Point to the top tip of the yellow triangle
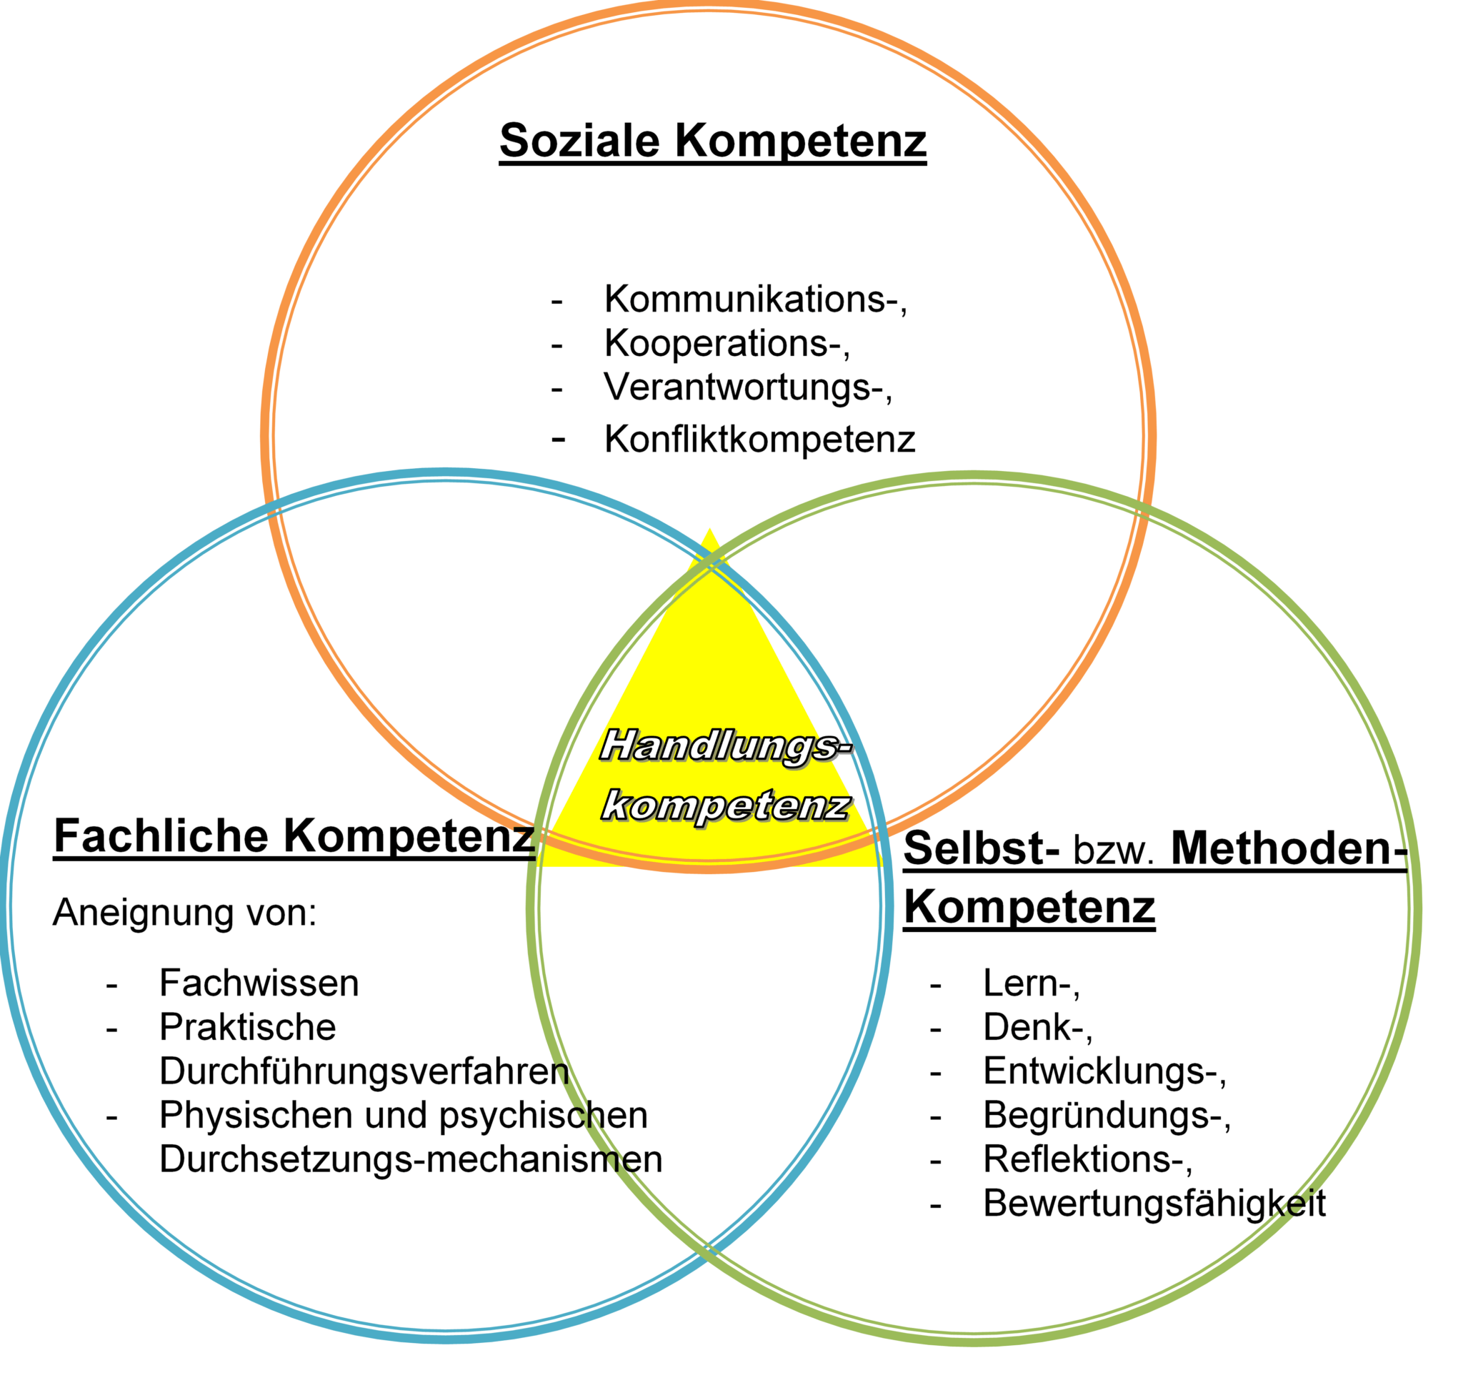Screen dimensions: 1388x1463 coord(709,530)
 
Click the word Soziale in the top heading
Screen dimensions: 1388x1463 coord(581,141)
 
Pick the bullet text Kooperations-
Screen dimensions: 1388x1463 coord(725,343)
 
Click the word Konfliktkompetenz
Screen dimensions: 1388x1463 coord(758,440)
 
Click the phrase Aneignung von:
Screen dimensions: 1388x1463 coord(185,912)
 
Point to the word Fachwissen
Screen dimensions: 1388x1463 coord(259,985)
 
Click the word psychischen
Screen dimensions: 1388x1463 coord(544,1116)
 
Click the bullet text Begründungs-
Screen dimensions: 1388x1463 coord(1105,1116)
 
